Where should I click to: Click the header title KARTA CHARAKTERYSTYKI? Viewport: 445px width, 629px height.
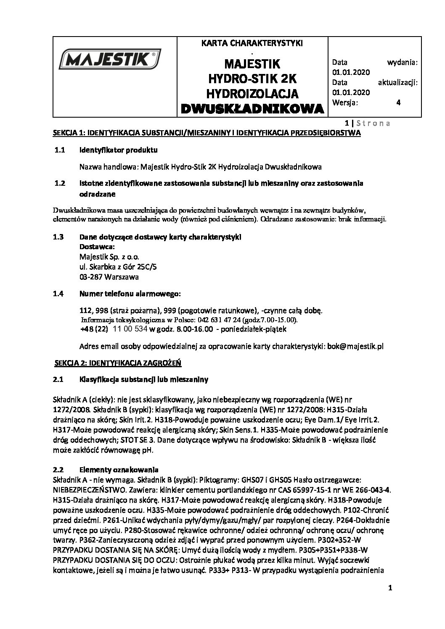pos(252,43)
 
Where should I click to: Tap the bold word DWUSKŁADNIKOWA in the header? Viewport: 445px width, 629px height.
pos(253,109)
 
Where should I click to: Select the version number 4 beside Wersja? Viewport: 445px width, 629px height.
pos(398,102)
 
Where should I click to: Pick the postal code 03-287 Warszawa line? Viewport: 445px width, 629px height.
pos(109,277)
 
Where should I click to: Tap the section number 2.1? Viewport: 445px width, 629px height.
pos(58,380)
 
